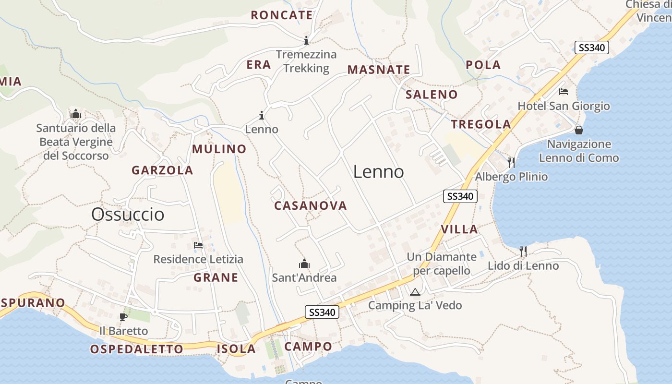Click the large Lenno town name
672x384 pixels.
[x=378, y=172]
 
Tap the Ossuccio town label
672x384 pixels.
[x=128, y=214]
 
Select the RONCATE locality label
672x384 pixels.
[x=282, y=15]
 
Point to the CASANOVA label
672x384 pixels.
[x=310, y=206]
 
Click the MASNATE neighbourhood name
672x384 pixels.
[x=379, y=70]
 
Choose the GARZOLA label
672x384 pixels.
[x=162, y=170]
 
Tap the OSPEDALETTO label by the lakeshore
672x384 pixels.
[x=137, y=349]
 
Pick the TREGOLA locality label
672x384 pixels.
[x=481, y=124]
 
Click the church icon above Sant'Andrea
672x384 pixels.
[x=304, y=264]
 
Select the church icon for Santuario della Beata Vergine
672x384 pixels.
[x=76, y=114]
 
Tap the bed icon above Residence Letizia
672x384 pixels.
[x=198, y=245]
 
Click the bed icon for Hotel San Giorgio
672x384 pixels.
[x=564, y=92]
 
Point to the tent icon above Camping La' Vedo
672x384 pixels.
[x=415, y=291]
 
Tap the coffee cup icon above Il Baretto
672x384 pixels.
[x=123, y=317]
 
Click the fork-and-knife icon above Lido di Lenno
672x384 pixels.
[x=523, y=251]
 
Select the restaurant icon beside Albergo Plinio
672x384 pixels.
[x=511, y=162]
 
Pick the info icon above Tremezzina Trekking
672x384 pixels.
[x=306, y=40]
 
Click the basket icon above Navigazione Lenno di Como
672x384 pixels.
[x=579, y=130]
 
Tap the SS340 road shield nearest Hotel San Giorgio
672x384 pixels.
[x=591, y=48]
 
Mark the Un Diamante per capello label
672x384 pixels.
[x=441, y=264]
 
